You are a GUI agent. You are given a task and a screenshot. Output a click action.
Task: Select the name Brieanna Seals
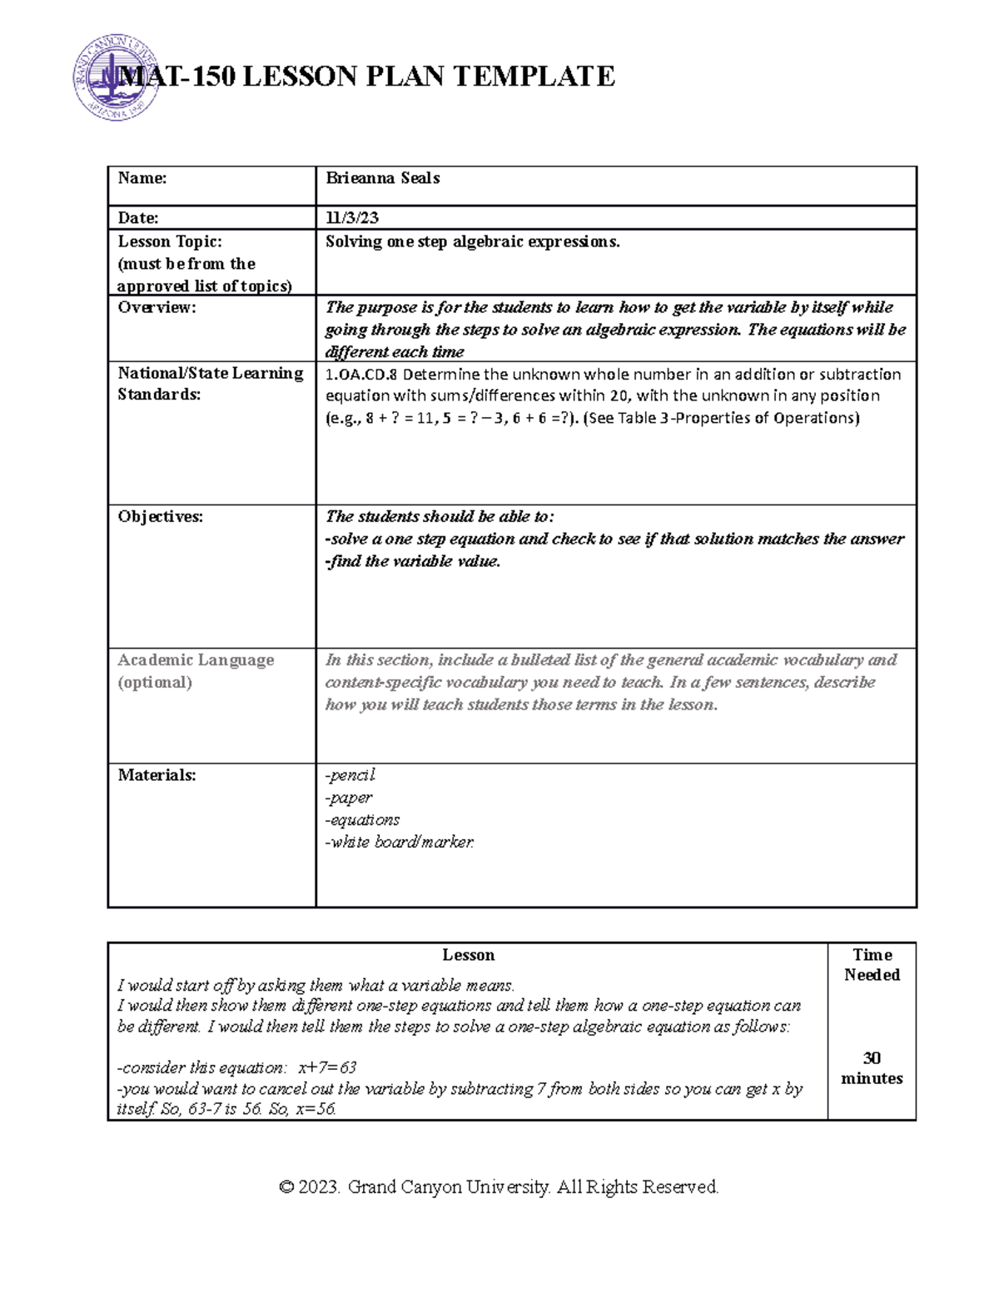[x=382, y=178]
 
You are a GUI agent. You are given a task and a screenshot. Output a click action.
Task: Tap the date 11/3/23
[x=352, y=218]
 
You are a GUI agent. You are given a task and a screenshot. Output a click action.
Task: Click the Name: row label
[x=142, y=178]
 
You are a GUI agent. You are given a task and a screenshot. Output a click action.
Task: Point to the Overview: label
[x=157, y=307]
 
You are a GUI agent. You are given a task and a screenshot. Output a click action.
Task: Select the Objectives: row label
[x=160, y=517]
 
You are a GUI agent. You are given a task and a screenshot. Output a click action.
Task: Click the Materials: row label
[x=157, y=775]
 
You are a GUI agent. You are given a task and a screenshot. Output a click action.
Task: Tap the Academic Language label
[x=196, y=660]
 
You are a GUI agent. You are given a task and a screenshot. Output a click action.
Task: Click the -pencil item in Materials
[x=350, y=775]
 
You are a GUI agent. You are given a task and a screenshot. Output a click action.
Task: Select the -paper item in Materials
[x=348, y=798]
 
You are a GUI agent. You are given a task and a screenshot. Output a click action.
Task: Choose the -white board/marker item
[x=400, y=843]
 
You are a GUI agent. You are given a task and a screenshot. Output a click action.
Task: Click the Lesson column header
[x=468, y=955]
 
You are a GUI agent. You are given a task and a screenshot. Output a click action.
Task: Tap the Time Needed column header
[x=872, y=965]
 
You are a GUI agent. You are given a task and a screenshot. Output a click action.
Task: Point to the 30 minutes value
[x=872, y=1068]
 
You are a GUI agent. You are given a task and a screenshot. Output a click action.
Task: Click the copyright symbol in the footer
[x=287, y=1187]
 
